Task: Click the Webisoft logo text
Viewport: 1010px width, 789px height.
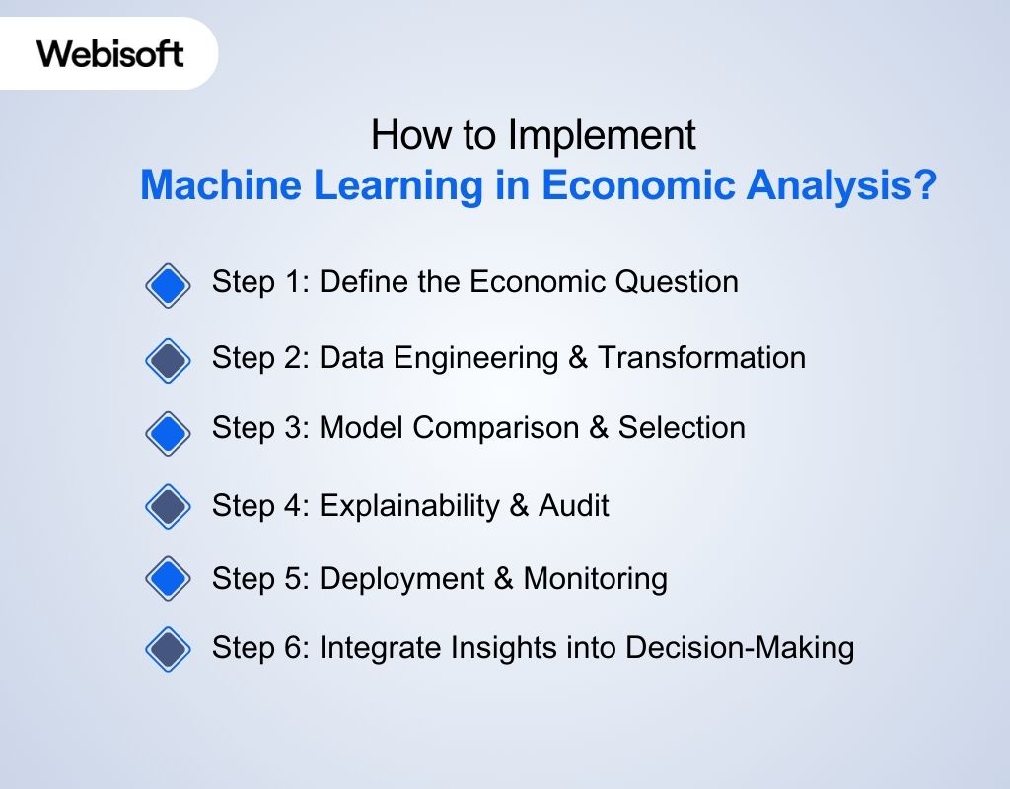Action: click(x=110, y=53)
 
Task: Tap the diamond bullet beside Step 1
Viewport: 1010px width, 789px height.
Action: click(x=168, y=286)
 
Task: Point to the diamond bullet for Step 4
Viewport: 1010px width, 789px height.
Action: click(x=168, y=507)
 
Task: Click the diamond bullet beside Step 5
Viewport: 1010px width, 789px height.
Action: click(x=168, y=578)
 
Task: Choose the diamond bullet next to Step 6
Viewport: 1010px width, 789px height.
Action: click(x=168, y=649)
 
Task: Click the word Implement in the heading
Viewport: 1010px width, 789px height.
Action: click(x=603, y=136)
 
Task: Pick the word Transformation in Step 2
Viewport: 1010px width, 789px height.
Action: click(x=701, y=357)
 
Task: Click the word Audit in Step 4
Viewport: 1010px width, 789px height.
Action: click(x=574, y=506)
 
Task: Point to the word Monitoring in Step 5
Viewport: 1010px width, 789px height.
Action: click(x=596, y=578)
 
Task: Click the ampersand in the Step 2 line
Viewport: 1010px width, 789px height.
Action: click(x=578, y=357)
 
